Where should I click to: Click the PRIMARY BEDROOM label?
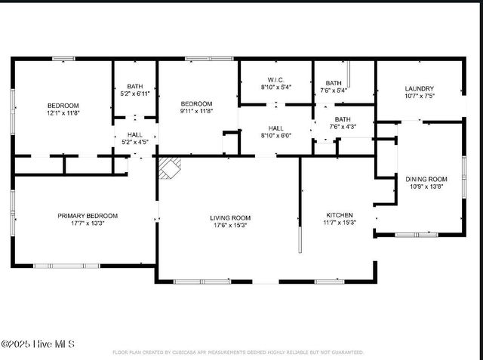[84, 215]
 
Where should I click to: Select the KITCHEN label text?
[339, 215]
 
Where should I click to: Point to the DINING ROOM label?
[426, 179]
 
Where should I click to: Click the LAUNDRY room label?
[419, 88]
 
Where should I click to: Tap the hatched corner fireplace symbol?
[170, 168]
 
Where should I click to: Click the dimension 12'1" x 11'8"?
[63, 112]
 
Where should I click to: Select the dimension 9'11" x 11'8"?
[195, 111]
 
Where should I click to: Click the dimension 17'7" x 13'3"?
[84, 223]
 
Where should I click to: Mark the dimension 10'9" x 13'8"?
[426, 186]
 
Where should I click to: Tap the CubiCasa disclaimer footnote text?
[238, 352]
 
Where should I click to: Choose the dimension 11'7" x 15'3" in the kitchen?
[339, 223]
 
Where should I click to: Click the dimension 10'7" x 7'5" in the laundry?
[419, 97]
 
